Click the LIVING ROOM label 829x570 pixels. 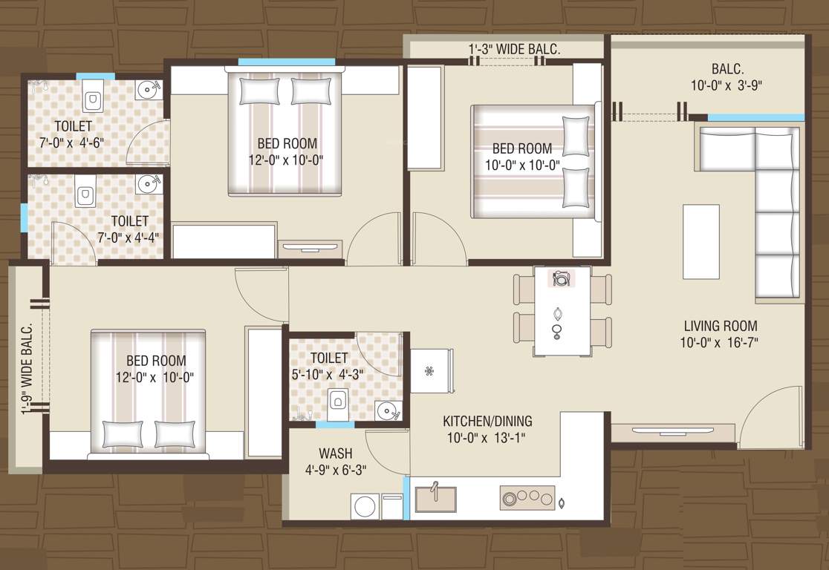(720, 326)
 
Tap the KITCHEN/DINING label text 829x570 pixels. (488, 421)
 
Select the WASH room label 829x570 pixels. (335, 453)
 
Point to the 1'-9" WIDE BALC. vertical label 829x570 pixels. (27, 369)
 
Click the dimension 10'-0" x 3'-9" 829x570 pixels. (726, 85)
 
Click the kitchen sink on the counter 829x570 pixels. (435, 499)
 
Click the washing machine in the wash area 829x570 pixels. (365, 506)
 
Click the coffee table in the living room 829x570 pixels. (700, 241)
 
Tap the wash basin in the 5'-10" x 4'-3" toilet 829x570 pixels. (386, 410)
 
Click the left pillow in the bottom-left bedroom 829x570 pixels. (122, 433)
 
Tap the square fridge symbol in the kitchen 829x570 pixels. (431, 370)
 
